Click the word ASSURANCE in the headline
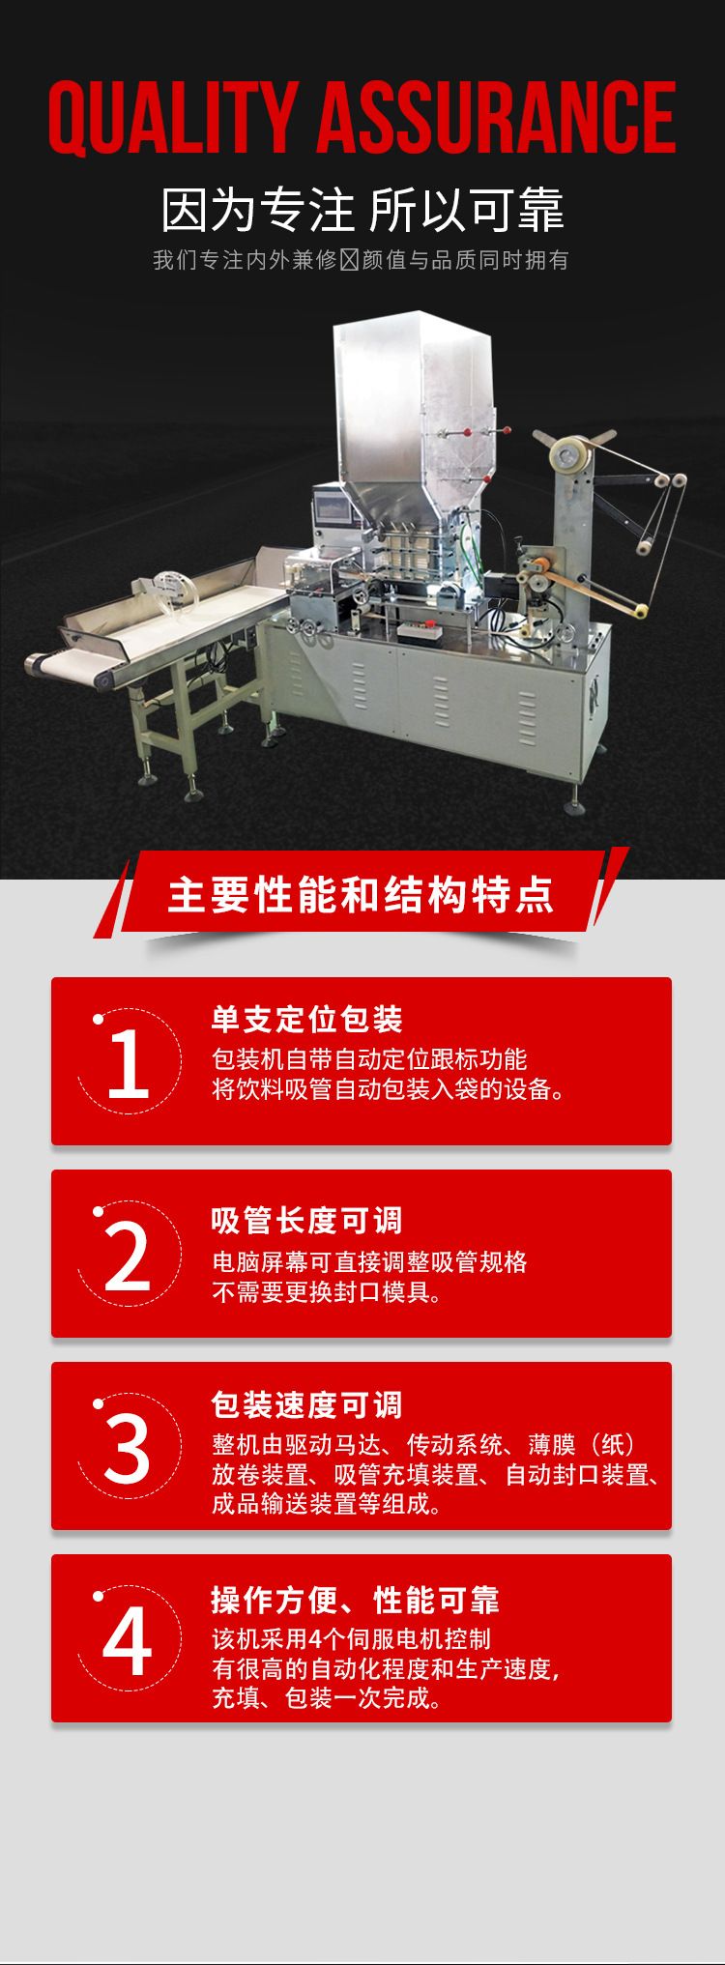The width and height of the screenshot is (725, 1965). tap(497, 117)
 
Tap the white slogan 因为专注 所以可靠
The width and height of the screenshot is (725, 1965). tap(362, 211)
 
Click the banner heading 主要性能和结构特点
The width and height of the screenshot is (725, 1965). tap(362, 895)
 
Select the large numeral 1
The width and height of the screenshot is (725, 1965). tap(129, 1064)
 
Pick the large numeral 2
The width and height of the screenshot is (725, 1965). tap(128, 1257)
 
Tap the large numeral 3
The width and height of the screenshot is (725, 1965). tap(128, 1449)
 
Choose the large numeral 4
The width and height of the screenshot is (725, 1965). tap(128, 1641)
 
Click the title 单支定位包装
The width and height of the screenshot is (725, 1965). tap(307, 1019)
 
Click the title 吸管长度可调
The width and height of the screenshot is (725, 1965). tap(307, 1221)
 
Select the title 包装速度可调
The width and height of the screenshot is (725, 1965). tap(307, 1405)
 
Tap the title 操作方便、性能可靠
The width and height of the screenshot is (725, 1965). tap(356, 1601)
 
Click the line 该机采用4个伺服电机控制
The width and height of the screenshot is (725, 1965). tap(352, 1639)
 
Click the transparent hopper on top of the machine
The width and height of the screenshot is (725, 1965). tap(414, 406)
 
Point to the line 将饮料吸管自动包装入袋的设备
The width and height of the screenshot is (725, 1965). tap(389, 1089)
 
